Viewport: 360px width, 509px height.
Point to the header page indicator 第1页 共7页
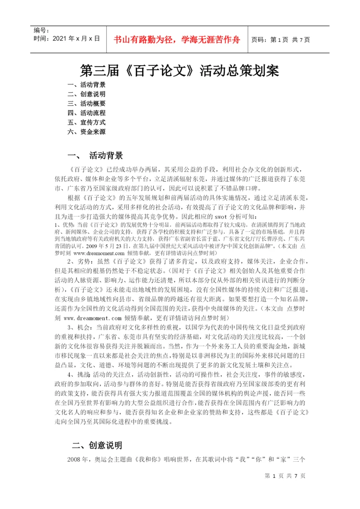[x=280, y=40]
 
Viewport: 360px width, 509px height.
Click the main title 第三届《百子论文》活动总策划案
[x=180, y=71]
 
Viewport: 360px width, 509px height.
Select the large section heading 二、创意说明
[x=97, y=445]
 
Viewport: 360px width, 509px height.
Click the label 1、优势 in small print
[x=65, y=224]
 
